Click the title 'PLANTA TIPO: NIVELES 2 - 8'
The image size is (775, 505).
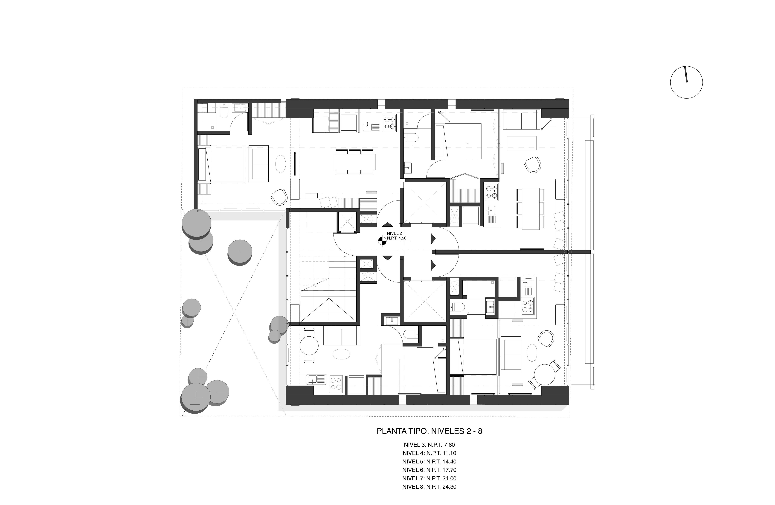tap(429, 431)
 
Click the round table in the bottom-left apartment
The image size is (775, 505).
tap(309, 346)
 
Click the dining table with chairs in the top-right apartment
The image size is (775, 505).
tap(530, 209)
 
